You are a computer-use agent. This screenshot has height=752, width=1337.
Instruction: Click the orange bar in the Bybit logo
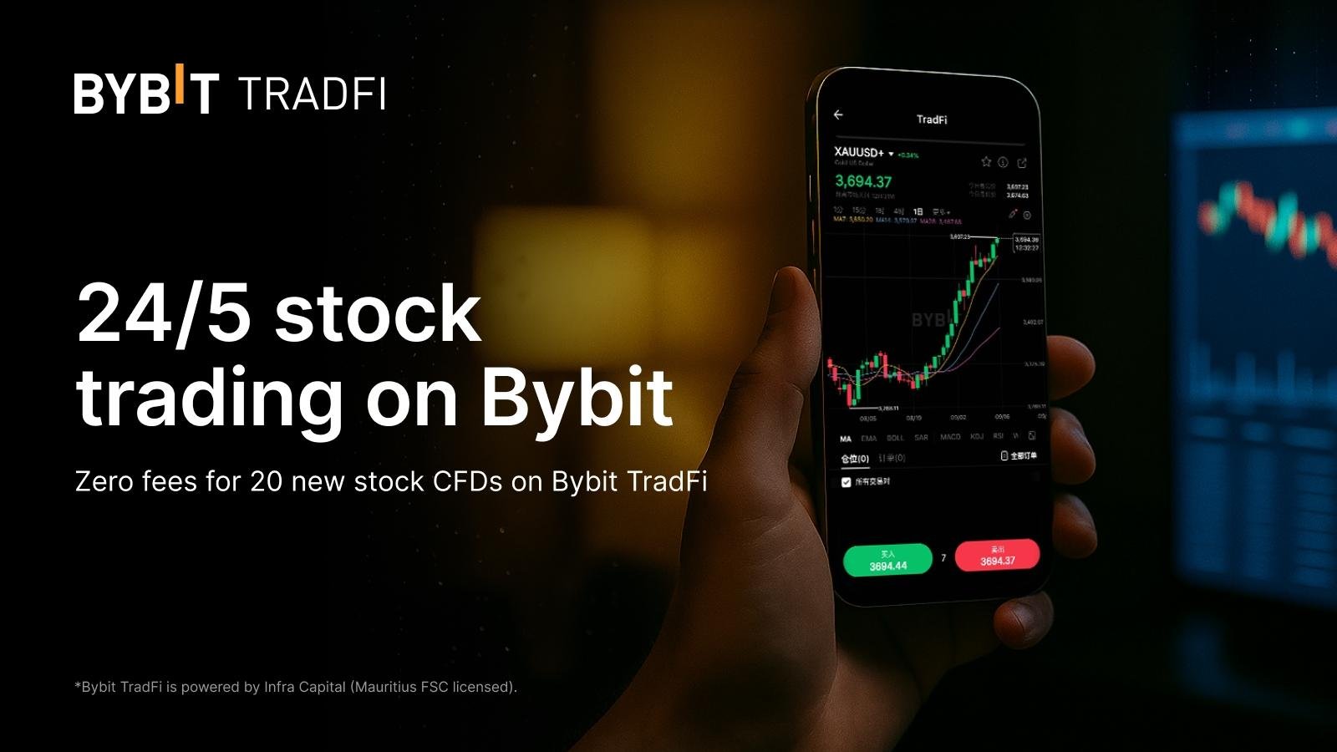coord(177,85)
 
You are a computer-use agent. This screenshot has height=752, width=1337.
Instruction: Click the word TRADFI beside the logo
coord(312,94)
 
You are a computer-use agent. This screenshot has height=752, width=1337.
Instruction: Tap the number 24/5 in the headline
coord(165,313)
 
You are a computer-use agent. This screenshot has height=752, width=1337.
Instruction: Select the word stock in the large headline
coord(378,313)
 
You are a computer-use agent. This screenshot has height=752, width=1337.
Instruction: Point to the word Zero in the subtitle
coord(104,481)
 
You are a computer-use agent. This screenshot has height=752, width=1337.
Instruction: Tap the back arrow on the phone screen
coord(838,114)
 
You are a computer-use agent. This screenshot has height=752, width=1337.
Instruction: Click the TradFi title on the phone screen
coord(931,119)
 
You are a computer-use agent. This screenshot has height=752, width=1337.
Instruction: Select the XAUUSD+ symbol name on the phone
coord(859,153)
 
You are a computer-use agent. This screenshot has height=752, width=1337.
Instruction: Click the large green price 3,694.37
coord(863,181)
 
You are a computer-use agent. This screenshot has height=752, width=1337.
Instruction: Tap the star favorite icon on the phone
coord(986,161)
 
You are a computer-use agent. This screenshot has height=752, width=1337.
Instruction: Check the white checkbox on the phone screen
coord(846,482)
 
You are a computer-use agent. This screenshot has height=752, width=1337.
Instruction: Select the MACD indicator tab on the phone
coord(950,437)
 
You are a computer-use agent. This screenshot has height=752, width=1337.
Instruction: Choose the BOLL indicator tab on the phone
coord(895,438)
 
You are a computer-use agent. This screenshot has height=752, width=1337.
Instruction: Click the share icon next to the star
coord(1022,163)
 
